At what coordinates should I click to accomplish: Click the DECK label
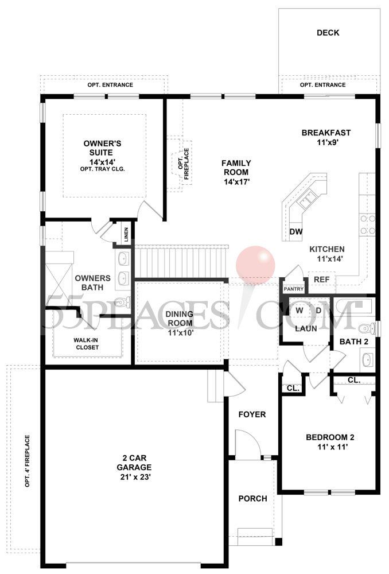click(x=328, y=33)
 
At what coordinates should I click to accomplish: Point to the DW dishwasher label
click(x=296, y=232)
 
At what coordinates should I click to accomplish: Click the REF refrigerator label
click(x=320, y=280)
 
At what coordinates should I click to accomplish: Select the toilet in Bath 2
click(x=364, y=329)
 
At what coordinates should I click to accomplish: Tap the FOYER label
click(x=252, y=414)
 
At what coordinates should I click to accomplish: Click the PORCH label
click(x=252, y=499)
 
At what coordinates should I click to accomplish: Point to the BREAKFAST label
click(x=326, y=133)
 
